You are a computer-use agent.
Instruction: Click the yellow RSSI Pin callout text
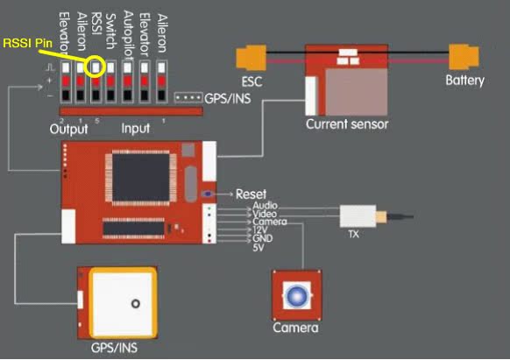(28, 43)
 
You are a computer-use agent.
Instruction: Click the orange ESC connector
(251, 58)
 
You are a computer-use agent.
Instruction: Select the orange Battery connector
(464, 57)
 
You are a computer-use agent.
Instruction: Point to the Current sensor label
(347, 124)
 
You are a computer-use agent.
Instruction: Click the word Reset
(251, 194)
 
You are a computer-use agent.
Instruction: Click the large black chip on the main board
(141, 177)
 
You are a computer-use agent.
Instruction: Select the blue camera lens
(297, 296)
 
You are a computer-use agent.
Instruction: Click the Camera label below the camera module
(295, 328)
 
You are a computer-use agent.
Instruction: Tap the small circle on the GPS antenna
(136, 304)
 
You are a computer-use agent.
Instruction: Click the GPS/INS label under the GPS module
(114, 348)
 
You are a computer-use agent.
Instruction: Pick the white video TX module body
(358, 216)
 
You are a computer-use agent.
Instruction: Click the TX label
(353, 234)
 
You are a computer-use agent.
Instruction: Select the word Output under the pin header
(68, 129)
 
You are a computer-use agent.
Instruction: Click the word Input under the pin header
(136, 129)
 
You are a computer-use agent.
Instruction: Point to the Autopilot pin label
(128, 35)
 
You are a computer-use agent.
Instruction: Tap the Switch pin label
(111, 32)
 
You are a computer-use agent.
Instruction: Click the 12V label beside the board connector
(260, 230)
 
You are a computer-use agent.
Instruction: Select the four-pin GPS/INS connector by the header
(188, 97)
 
